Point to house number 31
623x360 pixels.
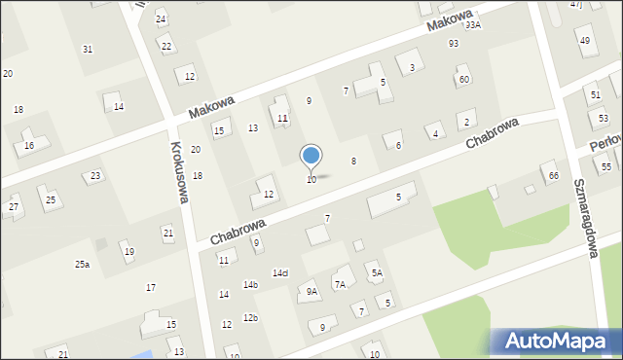(88, 49)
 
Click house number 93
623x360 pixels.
(454, 43)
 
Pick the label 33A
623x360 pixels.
(473, 25)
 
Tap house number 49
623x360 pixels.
(584, 40)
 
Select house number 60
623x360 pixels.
(464, 79)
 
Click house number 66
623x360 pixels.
(553, 175)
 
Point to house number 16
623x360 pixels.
(29, 145)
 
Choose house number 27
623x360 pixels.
(14, 206)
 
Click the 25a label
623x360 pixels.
(82, 264)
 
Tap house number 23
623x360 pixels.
(95, 176)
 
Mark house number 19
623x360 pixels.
(129, 252)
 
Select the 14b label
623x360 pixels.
(250, 284)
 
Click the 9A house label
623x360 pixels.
(311, 291)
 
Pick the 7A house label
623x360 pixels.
(340, 284)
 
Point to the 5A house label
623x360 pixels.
(376, 273)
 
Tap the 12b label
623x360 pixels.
(250, 317)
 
